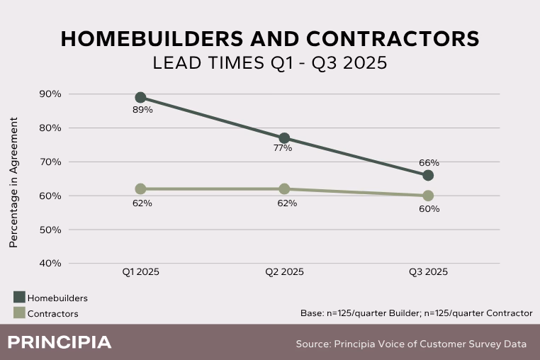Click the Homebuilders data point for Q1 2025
pyautogui.click(x=140, y=98)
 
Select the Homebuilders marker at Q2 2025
pyautogui.click(x=284, y=138)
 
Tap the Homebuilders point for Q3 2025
pyautogui.click(x=428, y=175)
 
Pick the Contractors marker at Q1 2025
pyautogui.click(x=140, y=189)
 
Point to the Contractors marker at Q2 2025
pyautogui.click(x=284, y=189)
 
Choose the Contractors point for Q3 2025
pyautogui.click(x=428, y=196)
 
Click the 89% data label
pyautogui.click(x=142, y=110)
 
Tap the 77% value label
pyautogui.click(x=282, y=148)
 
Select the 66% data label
pyautogui.click(x=429, y=163)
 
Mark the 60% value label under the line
pyautogui.click(x=429, y=208)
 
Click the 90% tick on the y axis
pyautogui.click(x=51, y=94)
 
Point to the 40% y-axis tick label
pyautogui.click(x=51, y=263)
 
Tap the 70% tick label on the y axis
pyautogui.click(x=51, y=162)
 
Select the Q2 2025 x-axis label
pyautogui.click(x=285, y=272)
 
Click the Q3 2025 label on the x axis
pyautogui.click(x=427, y=272)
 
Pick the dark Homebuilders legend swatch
pyautogui.click(x=18, y=298)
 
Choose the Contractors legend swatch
pyautogui.click(x=18, y=313)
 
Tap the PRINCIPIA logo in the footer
pyautogui.click(x=60, y=343)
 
